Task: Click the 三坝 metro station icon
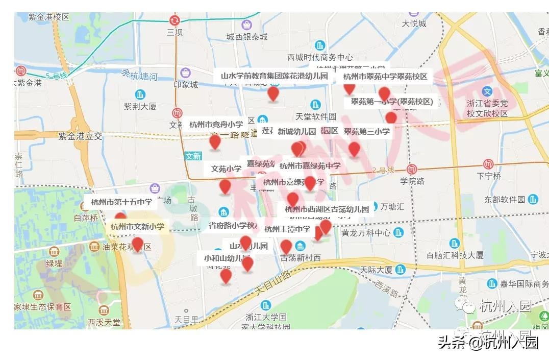174,20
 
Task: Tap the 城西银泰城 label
247,37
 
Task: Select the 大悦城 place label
414,23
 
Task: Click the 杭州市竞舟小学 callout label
216,124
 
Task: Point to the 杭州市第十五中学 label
121,202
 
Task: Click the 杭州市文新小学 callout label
137,226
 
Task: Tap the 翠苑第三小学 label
366,132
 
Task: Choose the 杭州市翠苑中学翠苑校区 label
385,77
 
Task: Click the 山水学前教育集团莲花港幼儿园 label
274,76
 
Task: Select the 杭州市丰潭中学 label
287,229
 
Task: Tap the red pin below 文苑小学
225,187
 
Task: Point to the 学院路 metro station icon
412,170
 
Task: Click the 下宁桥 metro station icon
488,164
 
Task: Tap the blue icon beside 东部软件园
534,199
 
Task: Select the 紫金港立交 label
80,136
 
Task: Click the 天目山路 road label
272,282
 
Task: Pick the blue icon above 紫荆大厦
140,94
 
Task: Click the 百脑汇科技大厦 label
455,255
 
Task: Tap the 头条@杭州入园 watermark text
488,343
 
